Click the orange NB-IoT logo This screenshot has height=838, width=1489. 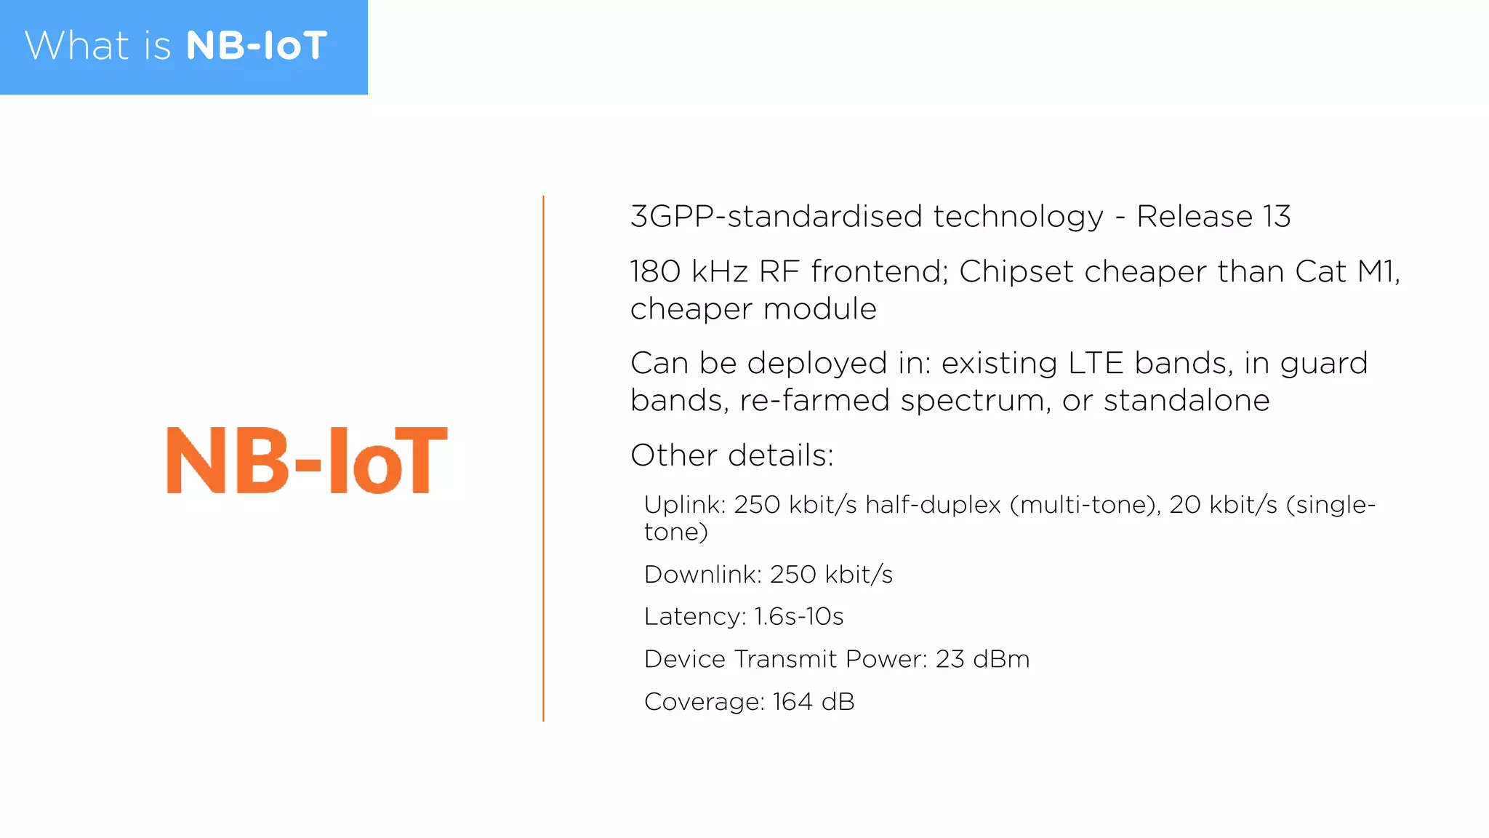(307, 460)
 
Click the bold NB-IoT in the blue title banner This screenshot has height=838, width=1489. (257, 46)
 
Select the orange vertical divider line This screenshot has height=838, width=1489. (543, 458)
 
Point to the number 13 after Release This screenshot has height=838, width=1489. (1277, 217)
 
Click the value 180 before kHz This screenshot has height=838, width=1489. (654, 271)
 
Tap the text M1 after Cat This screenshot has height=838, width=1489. (1375, 271)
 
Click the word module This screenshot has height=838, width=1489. (819, 309)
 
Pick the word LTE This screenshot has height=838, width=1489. (1095, 363)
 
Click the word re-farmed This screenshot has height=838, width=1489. (814, 400)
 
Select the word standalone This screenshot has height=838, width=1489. (1187, 400)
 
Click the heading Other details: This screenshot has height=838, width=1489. (731, 455)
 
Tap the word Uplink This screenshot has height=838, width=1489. (684, 505)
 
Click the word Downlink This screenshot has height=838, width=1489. (702, 575)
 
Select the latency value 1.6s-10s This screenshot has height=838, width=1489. (798, 617)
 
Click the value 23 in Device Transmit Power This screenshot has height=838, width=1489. (950, 659)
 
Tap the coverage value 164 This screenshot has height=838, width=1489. (792, 702)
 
